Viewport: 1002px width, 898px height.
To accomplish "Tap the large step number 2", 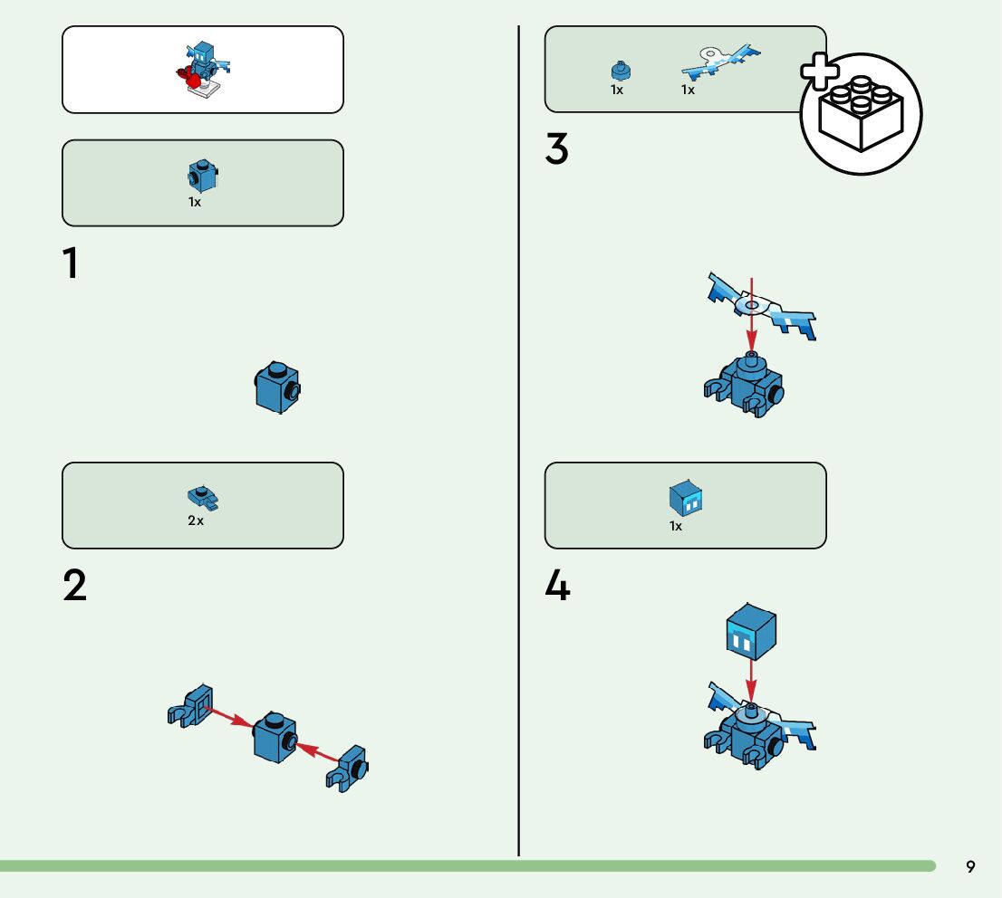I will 75,586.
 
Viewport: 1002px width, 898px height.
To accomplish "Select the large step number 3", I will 556,149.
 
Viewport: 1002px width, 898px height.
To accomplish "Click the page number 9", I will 970,867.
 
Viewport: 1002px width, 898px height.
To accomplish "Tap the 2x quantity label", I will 196,521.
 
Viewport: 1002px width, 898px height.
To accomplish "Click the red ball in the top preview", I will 193,81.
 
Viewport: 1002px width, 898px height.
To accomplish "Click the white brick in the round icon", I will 861,113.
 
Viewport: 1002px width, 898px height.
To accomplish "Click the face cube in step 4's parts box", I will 686,498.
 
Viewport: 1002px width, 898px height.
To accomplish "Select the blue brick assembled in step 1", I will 277,387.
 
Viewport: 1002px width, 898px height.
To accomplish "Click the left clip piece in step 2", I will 190,706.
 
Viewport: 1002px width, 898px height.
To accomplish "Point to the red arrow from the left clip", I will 228,716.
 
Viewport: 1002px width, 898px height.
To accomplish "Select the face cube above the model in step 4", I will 752,632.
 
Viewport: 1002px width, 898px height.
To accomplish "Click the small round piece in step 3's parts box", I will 621,70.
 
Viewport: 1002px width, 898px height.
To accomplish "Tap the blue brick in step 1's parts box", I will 203,176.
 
